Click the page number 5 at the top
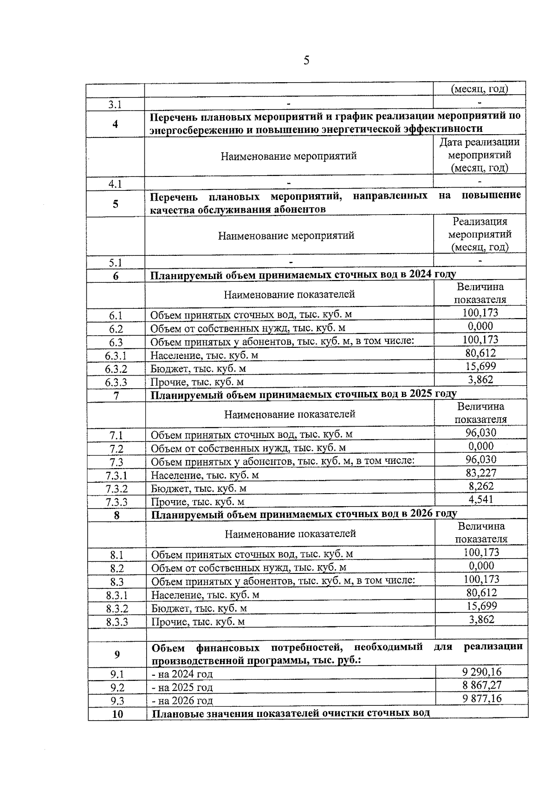point(306,60)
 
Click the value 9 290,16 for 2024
point(482,671)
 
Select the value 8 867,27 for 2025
point(482,685)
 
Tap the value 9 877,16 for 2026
point(482,698)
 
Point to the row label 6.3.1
point(116,356)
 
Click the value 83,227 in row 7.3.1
point(481,473)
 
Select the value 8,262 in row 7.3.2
point(481,486)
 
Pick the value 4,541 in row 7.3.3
point(481,499)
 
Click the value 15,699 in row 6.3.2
point(480,366)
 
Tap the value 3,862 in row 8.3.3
point(481,619)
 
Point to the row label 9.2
point(117,688)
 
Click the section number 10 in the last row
point(117,714)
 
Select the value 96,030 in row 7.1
point(481,433)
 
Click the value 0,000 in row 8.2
point(481,566)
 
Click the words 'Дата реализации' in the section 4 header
point(479,142)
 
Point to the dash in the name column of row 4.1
point(288,182)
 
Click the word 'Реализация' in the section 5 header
point(480,221)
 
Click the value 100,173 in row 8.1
point(481,552)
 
